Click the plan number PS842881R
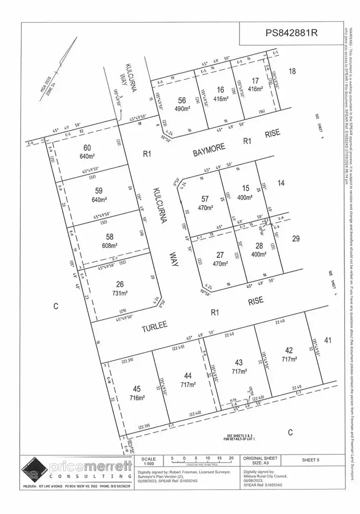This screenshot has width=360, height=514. tap(292, 33)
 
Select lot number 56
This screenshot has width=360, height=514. tap(181, 100)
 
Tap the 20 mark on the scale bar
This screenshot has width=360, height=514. tap(231, 458)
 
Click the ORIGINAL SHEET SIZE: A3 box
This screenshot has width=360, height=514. tap(260, 461)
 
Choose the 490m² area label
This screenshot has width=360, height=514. tap(181, 109)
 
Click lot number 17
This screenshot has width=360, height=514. tap(255, 80)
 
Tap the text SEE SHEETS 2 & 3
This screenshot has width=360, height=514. tap(240, 436)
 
